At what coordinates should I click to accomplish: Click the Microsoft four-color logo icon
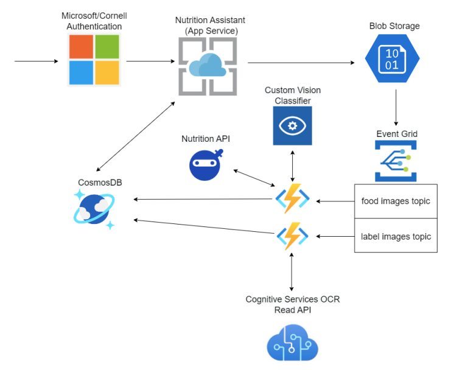94,60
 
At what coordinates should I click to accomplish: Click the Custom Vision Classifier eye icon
292,126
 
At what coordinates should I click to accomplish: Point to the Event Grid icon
395,161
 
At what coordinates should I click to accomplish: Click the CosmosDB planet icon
95,209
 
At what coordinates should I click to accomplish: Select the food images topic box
396,201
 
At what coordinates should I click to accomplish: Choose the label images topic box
396,236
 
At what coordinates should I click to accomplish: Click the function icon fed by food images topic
292,198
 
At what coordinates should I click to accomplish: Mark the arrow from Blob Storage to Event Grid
396,108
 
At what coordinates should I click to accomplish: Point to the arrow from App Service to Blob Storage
301,63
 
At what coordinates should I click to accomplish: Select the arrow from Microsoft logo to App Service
151,61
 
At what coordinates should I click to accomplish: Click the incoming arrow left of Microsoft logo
35,61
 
